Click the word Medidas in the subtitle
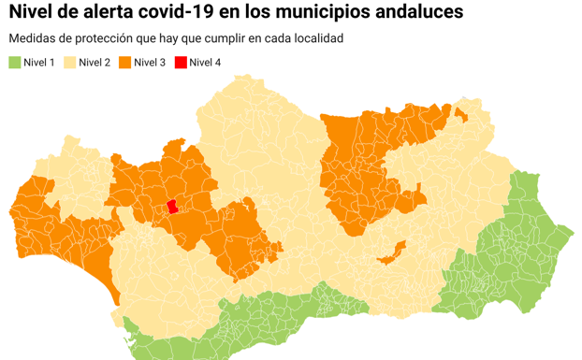tap(32, 39)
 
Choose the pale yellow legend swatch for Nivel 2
tap(69, 63)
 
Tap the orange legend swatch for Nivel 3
tap(124, 63)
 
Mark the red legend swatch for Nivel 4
tap(180, 63)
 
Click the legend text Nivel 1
tap(39, 63)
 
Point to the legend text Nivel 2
tap(95, 63)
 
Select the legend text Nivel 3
tap(150, 63)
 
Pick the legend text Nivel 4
tap(205, 63)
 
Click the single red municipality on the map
tap(172, 209)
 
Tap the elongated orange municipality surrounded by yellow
tap(391, 251)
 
